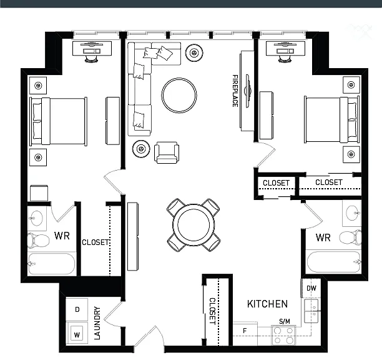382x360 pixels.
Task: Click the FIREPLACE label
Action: [x=235, y=91]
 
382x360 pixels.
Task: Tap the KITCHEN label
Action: [x=267, y=304]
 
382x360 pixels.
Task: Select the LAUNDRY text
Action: [x=97, y=323]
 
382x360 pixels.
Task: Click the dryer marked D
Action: [x=77, y=309]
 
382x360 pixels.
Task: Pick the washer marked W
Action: [x=77, y=333]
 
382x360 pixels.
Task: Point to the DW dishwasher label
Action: [x=311, y=288]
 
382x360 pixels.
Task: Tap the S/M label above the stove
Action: [x=285, y=321]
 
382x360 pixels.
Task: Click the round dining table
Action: [x=193, y=224]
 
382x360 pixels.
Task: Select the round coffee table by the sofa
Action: [x=179, y=96]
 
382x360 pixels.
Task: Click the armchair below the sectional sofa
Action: [x=167, y=152]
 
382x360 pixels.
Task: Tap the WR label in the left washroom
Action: [x=62, y=236]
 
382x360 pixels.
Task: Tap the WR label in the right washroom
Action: [x=323, y=237]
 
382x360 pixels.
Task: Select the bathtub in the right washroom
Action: [x=333, y=262]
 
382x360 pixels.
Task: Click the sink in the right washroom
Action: [x=352, y=213]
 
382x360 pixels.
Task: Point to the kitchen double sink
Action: [x=311, y=311]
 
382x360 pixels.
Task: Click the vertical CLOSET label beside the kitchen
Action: [x=212, y=311]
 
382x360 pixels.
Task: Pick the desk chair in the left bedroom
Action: [x=91, y=59]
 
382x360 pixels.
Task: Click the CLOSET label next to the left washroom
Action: [x=95, y=242]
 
